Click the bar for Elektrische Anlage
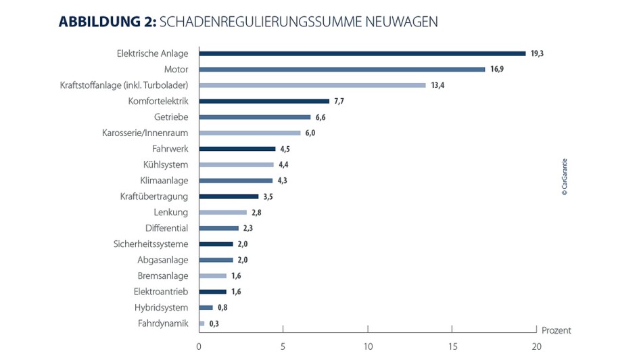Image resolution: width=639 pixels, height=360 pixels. [362, 53]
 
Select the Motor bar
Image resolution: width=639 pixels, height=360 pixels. [341, 69]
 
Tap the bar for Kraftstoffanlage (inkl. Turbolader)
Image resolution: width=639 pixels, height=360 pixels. [312, 85]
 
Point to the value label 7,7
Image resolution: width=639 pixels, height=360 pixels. [340, 102]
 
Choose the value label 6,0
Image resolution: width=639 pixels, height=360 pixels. [310, 133]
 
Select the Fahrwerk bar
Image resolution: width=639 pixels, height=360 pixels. [237, 149]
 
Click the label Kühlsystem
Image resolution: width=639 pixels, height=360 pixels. [166, 164]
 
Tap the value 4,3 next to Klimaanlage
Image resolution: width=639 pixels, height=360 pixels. [283, 181]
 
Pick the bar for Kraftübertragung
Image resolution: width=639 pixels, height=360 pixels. [229, 196]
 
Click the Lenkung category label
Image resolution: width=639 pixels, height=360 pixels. [171, 212]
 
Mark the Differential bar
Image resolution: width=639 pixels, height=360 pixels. [218, 228]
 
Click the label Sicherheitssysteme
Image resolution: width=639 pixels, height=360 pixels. [151, 244]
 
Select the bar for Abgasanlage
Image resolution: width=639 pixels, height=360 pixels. [216, 260]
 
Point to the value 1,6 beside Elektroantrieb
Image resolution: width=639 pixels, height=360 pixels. [235, 292]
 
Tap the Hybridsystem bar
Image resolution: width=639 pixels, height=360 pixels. [206, 308]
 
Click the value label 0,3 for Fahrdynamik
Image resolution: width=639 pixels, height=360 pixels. [214, 323]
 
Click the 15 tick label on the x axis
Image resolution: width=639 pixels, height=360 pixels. [452, 347]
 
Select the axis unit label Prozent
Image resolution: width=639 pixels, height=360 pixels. [557, 331]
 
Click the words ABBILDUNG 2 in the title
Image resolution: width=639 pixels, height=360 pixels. [108, 22]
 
